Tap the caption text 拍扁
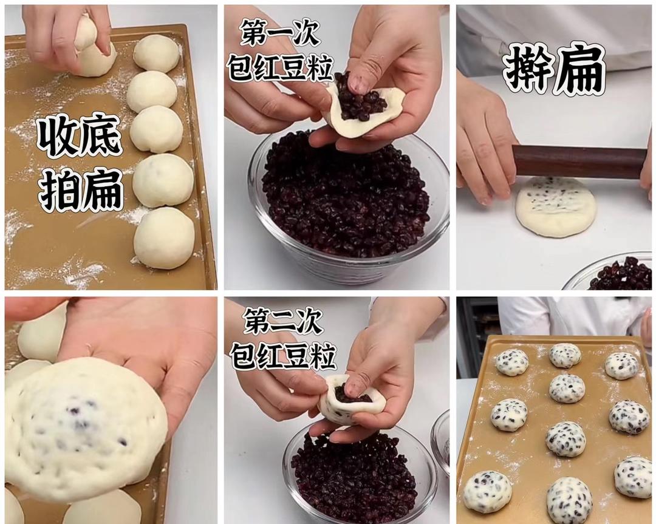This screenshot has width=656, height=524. pos(81,189)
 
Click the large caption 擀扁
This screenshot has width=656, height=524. pos(554,69)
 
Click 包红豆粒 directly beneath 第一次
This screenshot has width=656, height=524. pos(280,67)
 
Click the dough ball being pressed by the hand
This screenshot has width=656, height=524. pos(94,58)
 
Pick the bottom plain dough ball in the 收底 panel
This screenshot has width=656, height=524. pos(163,238)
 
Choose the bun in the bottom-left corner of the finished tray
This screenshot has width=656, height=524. pos(487,491)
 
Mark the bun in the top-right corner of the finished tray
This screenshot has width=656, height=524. pos(621,366)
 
